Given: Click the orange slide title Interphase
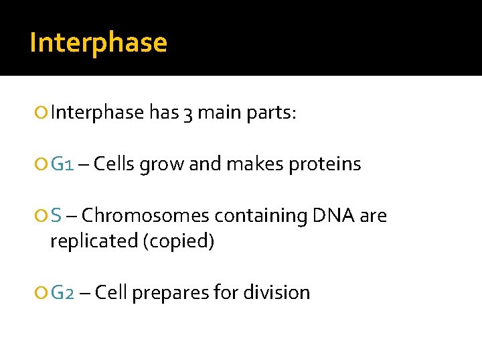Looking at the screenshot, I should pos(98,42).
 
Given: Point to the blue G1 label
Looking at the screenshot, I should pos(62,164).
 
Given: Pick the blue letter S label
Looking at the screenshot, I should pos(56,215).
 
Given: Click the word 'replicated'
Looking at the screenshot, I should pos(92,241).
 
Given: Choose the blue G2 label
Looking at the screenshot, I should pos(63,292).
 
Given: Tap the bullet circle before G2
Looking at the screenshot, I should pos(43,293).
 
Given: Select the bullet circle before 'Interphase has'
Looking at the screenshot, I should pos(43,113).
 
